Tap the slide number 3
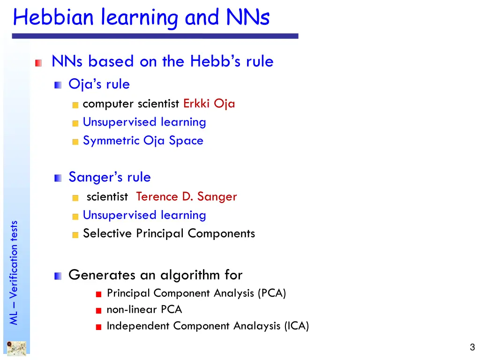(x=472, y=347)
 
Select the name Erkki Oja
(x=209, y=104)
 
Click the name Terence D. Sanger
(x=187, y=197)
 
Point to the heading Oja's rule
(x=99, y=84)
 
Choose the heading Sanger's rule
(x=110, y=177)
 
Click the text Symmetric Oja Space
(x=143, y=141)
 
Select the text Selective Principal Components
(x=169, y=233)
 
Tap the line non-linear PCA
(x=144, y=310)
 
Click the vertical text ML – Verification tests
(x=14, y=272)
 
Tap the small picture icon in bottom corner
(x=16, y=348)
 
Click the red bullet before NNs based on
(x=38, y=62)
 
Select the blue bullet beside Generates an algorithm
(x=58, y=276)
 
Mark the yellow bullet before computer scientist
(x=75, y=105)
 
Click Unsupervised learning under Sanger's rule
(x=144, y=215)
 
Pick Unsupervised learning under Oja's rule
(x=144, y=122)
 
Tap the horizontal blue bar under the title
(x=155, y=36)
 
